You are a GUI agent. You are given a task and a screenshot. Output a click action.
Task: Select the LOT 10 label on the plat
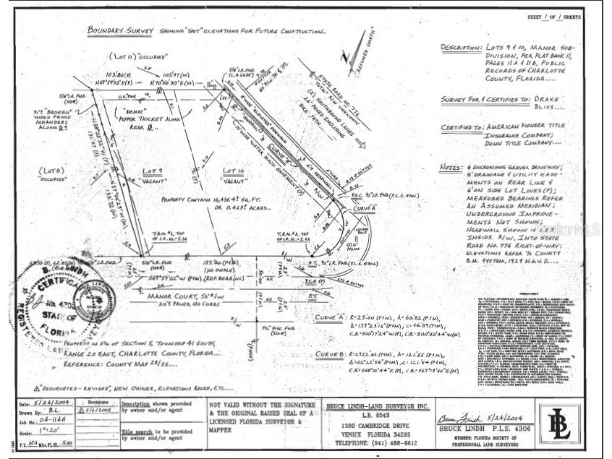coord(233,171)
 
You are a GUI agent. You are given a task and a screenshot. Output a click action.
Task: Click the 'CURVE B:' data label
coord(329,355)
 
